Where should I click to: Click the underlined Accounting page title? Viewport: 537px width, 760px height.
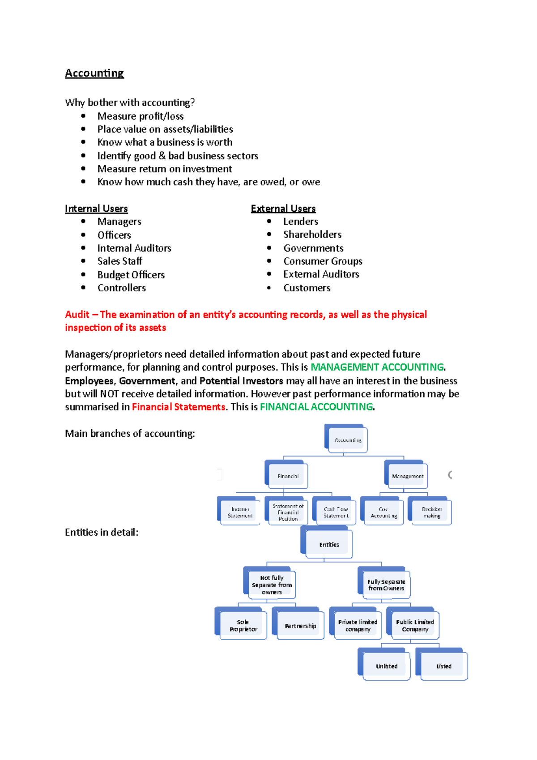[94, 73]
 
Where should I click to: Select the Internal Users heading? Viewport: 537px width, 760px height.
[96, 209]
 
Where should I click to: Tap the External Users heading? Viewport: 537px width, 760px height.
[283, 209]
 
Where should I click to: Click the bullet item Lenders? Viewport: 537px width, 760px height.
[300, 222]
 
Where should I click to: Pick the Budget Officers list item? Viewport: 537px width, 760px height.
[131, 275]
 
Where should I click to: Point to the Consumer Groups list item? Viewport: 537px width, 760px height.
[322, 261]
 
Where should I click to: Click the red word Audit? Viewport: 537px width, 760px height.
[77, 315]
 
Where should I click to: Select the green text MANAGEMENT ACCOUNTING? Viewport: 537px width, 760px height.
[377, 367]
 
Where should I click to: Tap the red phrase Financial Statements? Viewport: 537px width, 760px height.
[178, 407]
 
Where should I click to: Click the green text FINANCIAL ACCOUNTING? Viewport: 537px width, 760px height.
[316, 407]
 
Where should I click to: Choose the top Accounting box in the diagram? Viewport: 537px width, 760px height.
[348, 440]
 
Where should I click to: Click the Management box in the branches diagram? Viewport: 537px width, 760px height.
[407, 476]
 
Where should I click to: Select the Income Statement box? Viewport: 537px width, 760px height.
[240, 512]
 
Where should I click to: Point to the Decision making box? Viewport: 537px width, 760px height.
[431, 512]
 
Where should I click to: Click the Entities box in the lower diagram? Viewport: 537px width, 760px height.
[329, 544]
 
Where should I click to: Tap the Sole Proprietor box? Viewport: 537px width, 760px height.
[243, 625]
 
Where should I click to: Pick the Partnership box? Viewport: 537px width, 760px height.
[300, 626]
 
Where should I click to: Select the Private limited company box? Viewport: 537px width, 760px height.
[358, 625]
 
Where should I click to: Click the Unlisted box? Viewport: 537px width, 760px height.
[386, 666]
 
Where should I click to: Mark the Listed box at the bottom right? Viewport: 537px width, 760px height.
[443, 666]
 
